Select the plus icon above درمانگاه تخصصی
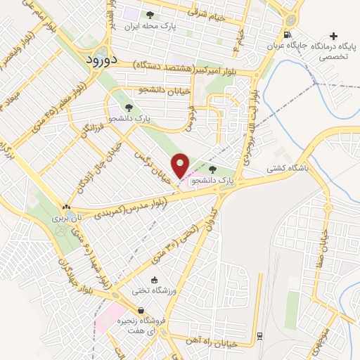[x=333, y=35]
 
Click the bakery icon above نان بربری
[x=66, y=207]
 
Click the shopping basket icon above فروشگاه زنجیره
[x=141, y=310]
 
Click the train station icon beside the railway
[x=259, y=335]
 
